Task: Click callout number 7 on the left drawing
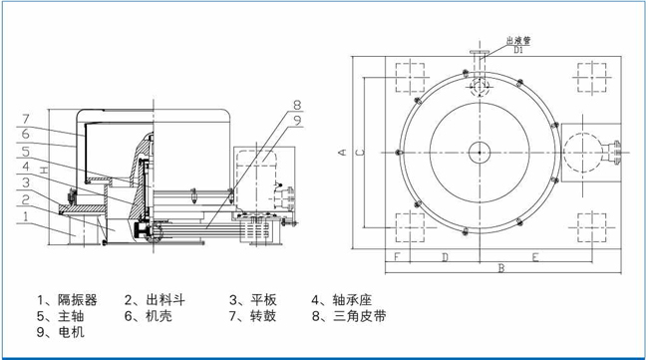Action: pos(26,119)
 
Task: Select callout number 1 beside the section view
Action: pos(26,216)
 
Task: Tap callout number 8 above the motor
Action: pos(297,105)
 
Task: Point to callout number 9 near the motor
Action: pos(297,121)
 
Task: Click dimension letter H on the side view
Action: pos(44,170)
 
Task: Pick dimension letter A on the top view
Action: pos(342,153)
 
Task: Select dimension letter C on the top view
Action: pos(360,153)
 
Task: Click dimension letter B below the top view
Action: pos(501,268)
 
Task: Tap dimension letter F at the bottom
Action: pos(397,257)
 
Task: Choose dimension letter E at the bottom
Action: pos(535,257)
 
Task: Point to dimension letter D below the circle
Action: pos(445,257)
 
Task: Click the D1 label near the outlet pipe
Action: pos(518,50)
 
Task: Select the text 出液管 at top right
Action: pos(518,41)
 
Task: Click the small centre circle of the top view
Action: pos(480,153)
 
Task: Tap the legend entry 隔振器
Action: pos(78,299)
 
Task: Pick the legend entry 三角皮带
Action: pos(360,316)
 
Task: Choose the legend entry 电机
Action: pos(72,332)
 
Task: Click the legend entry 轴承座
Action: pos(353,299)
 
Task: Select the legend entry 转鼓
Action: pos(263,316)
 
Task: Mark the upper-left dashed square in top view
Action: pos(410,78)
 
